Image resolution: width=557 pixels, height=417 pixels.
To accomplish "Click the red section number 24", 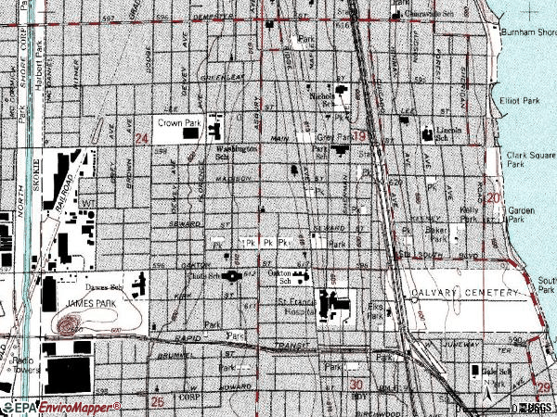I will tap(141, 139).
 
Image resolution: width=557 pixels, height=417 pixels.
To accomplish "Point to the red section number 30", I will tap(356, 383).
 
